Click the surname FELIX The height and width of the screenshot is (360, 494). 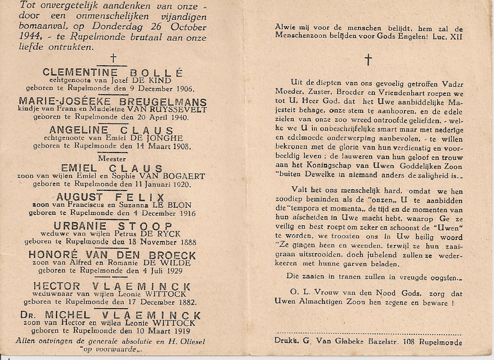[x=140, y=197]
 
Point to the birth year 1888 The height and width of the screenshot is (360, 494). [x=186, y=242]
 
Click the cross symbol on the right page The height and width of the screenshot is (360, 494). [x=368, y=59]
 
